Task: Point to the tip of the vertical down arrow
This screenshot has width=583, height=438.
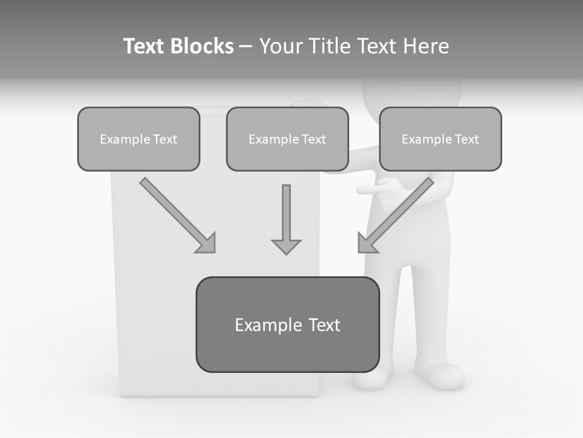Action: pyautogui.click(x=286, y=253)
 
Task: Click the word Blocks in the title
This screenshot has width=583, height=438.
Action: pyautogui.click(x=202, y=46)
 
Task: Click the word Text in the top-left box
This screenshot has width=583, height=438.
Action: pyautogui.click(x=165, y=139)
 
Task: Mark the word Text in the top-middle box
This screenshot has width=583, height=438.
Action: pyautogui.click(x=313, y=139)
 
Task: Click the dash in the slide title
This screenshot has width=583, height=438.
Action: pyautogui.click(x=246, y=46)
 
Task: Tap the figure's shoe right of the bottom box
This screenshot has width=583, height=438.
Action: pyautogui.click(x=442, y=376)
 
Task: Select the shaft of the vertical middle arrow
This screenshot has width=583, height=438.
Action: pyautogui.click(x=286, y=210)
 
